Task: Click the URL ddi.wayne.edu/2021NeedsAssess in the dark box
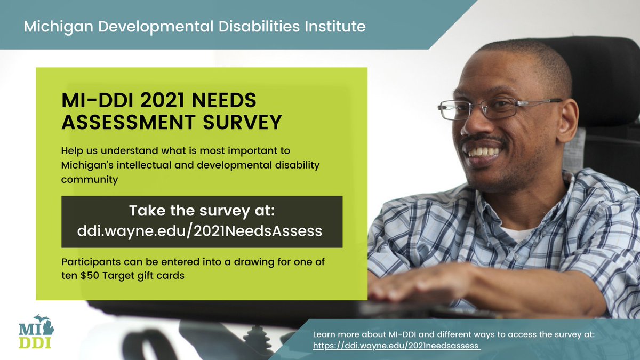(202, 231)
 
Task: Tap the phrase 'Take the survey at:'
(202, 211)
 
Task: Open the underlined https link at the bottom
(396, 345)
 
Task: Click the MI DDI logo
(35, 332)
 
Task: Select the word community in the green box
(89, 179)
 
